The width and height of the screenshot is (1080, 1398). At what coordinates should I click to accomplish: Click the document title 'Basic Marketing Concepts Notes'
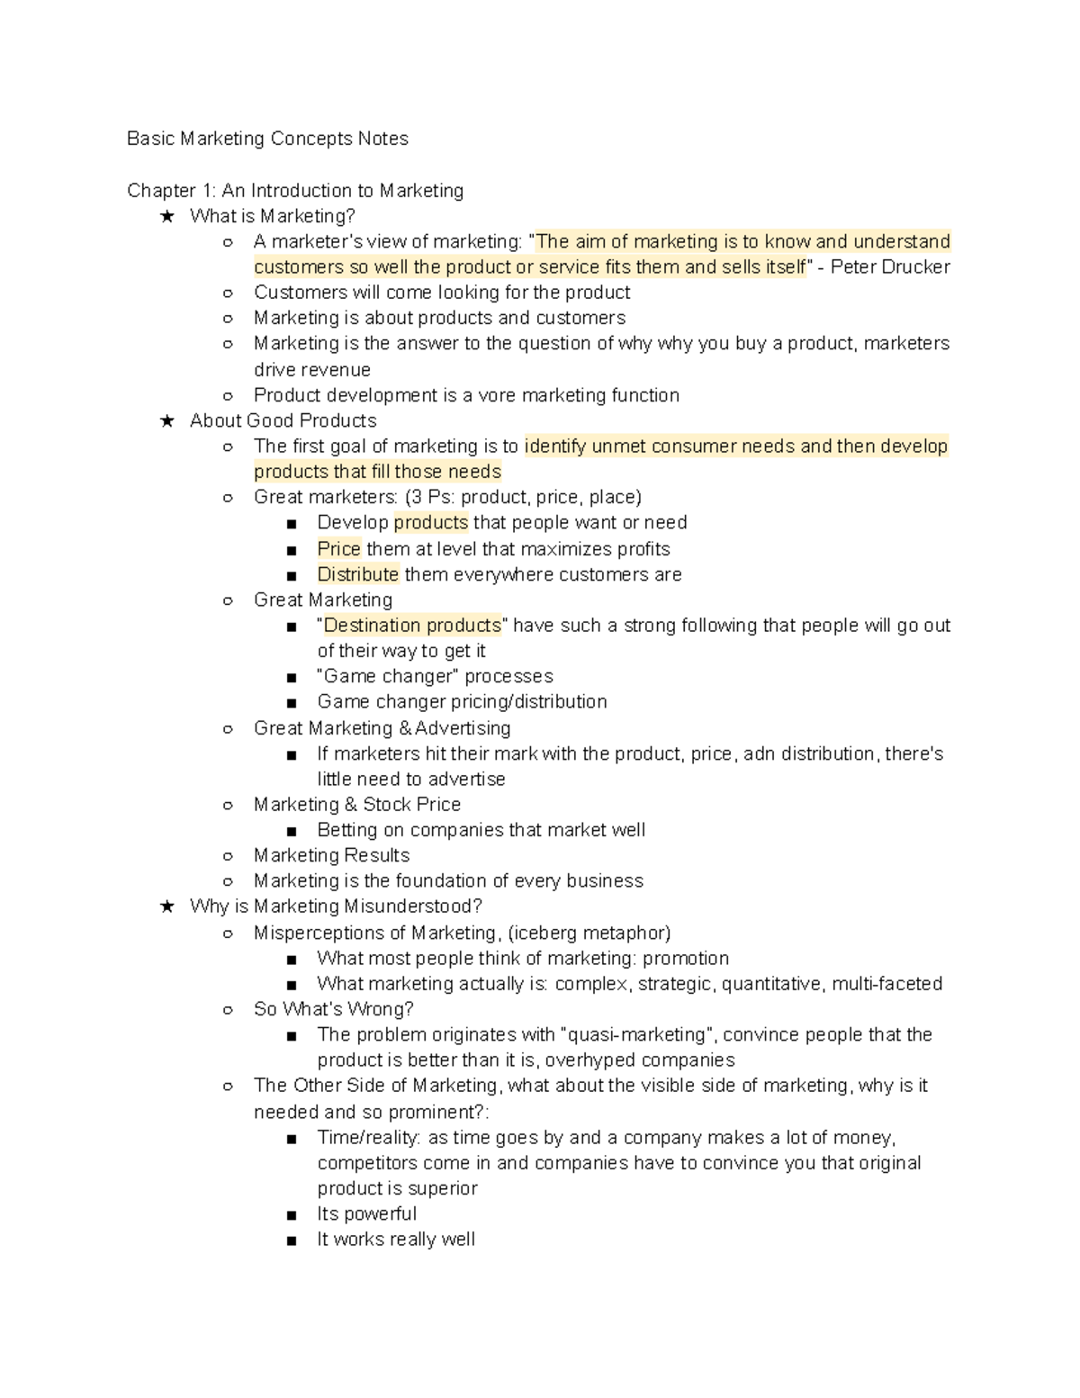pyautogui.click(x=267, y=139)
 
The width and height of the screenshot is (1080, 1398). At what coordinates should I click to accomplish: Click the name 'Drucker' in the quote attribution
pyautogui.click(x=918, y=267)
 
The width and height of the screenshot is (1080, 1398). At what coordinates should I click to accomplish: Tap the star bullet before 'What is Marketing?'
pyautogui.click(x=166, y=216)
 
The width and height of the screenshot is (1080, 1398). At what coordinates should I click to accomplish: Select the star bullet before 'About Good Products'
pyautogui.click(x=166, y=420)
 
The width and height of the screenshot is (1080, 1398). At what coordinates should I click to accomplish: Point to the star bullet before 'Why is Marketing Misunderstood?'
pyautogui.click(x=166, y=906)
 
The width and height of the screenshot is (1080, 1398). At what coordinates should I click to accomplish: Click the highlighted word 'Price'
pyautogui.click(x=338, y=549)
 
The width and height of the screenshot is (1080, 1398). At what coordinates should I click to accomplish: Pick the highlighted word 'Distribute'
pyautogui.click(x=357, y=574)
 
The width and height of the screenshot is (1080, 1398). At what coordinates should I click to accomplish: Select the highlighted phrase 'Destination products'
pyautogui.click(x=412, y=626)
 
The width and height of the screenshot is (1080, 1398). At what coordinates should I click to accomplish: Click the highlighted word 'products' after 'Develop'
pyautogui.click(x=430, y=523)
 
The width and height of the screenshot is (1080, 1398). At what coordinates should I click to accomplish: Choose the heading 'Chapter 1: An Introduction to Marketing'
pyautogui.click(x=295, y=191)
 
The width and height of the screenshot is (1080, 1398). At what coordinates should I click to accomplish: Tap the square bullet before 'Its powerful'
pyautogui.click(x=291, y=1215)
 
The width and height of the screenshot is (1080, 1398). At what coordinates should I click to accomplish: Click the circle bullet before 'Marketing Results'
pyautogui.click(x=228, y=856)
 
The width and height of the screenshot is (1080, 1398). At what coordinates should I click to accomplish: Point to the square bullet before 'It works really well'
pyautogui.click(x=291, y=1240)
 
